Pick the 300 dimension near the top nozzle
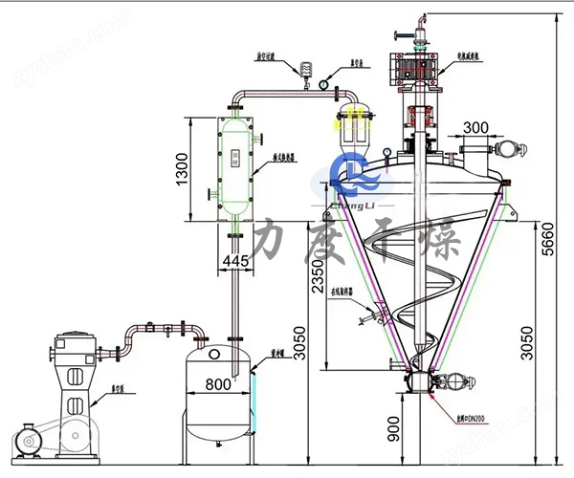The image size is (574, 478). coord(475,127)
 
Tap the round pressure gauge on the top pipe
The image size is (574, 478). coord(324,84)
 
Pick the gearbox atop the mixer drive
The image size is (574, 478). coord(414,72)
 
